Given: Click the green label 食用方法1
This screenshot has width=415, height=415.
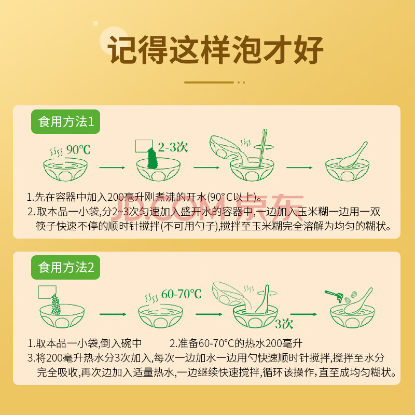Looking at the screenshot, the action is [x=66, y=121].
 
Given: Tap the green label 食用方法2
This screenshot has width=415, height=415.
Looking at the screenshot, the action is [x=66, y=267].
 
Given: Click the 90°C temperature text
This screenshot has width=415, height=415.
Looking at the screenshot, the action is [x=78, y=150].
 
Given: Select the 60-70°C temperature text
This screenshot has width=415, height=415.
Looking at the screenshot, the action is [x=181, y=294].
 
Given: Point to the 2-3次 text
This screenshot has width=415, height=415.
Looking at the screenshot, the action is [x=173, y=147].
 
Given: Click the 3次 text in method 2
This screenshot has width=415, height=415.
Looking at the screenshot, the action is [x=284, y=324].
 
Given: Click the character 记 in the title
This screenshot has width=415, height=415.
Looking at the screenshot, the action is [x=122, y=50].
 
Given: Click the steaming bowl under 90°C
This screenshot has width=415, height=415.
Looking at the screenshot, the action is [x=65, y=169].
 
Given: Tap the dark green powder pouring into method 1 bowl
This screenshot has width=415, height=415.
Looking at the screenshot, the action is [x=153, y=158].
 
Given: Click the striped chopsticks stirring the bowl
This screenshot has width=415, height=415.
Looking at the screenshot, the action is [x=262, y=148].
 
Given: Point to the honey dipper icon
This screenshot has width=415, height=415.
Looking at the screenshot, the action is [x=334, y=296].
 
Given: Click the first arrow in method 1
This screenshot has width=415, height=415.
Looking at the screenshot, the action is [x=112, y=168].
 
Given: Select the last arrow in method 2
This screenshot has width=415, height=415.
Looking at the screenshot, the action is [x=303, y=314].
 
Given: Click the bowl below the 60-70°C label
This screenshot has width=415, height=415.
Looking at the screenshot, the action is [x=160, y=316].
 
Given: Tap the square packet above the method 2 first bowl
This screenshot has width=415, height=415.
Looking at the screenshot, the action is [x=47, y=292].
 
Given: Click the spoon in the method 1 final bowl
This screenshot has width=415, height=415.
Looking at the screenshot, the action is [x=353, y=155].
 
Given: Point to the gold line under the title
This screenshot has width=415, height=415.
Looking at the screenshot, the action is [x=209, y=82].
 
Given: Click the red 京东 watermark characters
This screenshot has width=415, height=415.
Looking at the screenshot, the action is [x=270, y=206].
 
